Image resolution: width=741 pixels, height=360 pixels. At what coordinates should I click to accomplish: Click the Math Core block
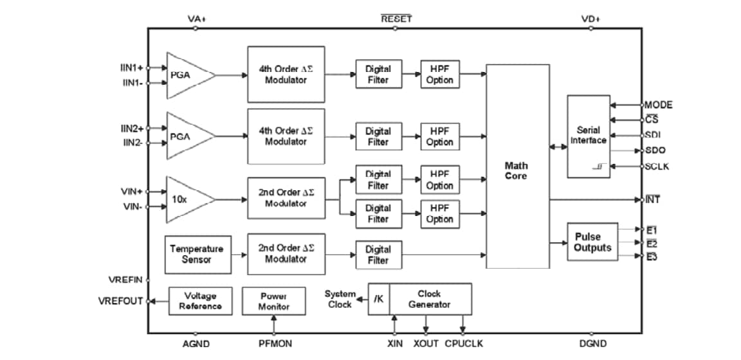click(x=517, y=167)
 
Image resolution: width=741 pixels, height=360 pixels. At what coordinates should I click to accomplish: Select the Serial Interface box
click(x=588, y=136)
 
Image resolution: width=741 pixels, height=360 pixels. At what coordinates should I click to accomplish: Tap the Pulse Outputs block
click(x=592, y=242)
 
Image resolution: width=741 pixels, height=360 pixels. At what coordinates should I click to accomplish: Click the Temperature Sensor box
click(x=197, y=254)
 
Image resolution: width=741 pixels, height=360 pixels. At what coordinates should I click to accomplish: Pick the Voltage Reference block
click(x=200, y=301)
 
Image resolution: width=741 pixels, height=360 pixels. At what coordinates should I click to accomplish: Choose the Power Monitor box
click(x=274, y=301)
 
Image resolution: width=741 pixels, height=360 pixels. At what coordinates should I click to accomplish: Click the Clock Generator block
click(x=430, y=299)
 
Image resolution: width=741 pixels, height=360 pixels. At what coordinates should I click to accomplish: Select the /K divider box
click(x=379, y=299)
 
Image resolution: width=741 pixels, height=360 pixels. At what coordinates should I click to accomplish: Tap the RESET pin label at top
click(x=396, y=19)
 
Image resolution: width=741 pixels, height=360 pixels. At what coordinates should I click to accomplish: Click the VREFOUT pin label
click(x=120, y=301)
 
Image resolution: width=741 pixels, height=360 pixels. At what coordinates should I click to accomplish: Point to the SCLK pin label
click(x=657, y=166)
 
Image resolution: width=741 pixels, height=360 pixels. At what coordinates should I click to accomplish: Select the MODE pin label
click(x=658, y=104)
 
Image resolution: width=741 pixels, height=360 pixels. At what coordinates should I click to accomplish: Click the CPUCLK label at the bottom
click(x=464, y=344)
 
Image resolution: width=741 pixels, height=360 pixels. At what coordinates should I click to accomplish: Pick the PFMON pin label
click(x=275, y=344)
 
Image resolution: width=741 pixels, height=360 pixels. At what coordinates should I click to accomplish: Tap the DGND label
click(x=592, y=344)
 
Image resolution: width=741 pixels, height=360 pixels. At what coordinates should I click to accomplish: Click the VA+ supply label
click(x=196, y=19)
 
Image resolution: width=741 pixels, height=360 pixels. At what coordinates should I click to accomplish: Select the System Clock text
click(x=339, y=299)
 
